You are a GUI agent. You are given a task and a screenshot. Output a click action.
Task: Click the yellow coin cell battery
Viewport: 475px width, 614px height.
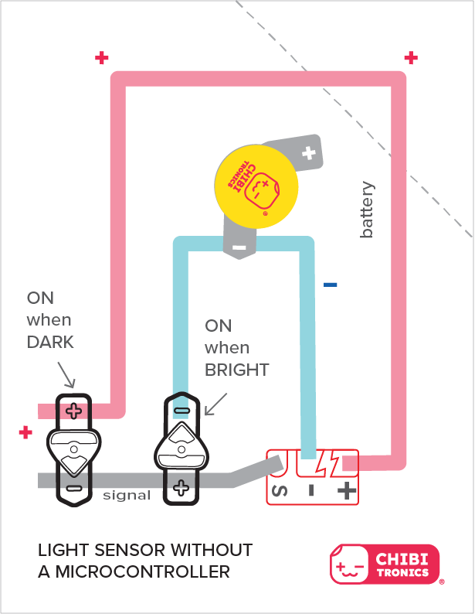(256, 185)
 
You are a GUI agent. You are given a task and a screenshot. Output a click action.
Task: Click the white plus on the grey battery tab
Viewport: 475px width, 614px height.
(309, 152)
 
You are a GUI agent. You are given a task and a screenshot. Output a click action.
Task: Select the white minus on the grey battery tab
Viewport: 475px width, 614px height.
(239, 247)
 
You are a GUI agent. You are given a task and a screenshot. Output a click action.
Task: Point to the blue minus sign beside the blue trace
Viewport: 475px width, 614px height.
(331, 285)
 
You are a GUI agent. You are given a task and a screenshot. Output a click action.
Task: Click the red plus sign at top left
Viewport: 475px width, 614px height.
(101, 57)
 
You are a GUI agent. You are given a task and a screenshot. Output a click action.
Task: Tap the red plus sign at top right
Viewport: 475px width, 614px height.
(411, 57)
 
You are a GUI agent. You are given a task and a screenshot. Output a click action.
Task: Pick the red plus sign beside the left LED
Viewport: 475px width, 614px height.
(25, 432)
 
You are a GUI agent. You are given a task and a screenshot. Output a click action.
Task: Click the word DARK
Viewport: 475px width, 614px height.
(51, 341)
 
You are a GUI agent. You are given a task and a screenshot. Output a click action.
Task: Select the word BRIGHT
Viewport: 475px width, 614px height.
(236, 370)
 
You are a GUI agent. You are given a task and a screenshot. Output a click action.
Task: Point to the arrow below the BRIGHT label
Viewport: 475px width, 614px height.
(215, 401)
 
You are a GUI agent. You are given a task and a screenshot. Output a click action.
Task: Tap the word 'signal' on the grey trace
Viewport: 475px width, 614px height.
(126, 495)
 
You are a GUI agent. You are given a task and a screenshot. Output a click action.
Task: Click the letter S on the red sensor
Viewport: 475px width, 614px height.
(280, 489)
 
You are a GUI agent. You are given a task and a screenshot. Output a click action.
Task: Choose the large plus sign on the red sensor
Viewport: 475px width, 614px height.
(347, 489)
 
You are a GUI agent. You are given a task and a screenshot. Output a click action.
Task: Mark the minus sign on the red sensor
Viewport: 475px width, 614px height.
(311, 489)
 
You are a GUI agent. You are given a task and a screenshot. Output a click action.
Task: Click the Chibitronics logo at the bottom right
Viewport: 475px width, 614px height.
(385, 562)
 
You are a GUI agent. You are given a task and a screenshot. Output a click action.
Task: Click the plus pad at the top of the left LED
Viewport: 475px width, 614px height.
(73, 410)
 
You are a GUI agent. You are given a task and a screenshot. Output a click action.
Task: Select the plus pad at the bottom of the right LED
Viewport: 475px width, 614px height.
(181, 486)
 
